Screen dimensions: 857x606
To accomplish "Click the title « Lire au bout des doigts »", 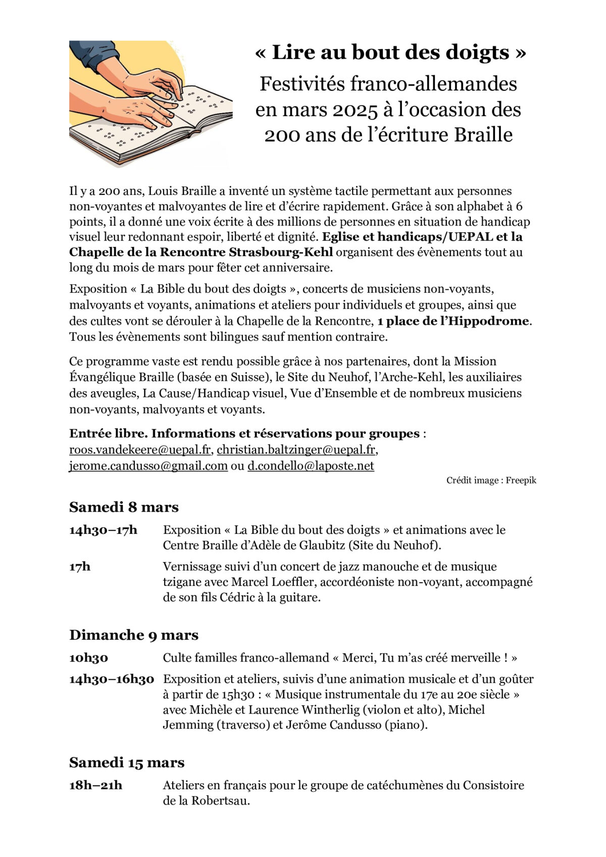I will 390,53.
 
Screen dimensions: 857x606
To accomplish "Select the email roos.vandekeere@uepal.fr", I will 140,449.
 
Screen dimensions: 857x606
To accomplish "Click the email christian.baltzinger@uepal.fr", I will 296,449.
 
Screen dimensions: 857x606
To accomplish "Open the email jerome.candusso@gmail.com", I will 148,466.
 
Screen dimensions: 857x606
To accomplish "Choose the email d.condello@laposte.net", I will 311,466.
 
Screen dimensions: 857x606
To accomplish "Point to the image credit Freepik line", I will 491,480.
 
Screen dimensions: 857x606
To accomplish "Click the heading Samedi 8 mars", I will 124,507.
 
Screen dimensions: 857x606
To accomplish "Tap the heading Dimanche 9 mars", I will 134,635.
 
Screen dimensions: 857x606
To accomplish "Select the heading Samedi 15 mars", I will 127,763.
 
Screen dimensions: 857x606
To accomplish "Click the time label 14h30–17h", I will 103,530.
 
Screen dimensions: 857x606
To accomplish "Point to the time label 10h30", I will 89,658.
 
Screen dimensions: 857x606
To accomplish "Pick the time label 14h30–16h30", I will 112,679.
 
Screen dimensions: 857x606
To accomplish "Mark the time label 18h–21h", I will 96,785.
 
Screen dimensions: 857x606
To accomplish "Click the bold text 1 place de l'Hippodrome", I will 454,321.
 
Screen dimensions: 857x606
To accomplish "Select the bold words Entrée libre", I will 108,434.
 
